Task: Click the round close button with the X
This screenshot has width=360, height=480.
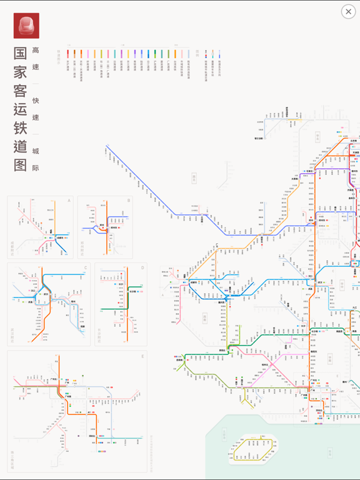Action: [x=348, y=12]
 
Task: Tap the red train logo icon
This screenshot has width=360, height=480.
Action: [x=26, y=26]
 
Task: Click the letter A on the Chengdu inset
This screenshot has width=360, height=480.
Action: [x=69, y=201]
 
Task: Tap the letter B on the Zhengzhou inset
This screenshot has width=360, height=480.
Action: [x=129, y=201]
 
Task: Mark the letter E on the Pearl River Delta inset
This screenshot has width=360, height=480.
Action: [x=142, y=356]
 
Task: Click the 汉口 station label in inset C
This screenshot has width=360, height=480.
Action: [x=33, y=291]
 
